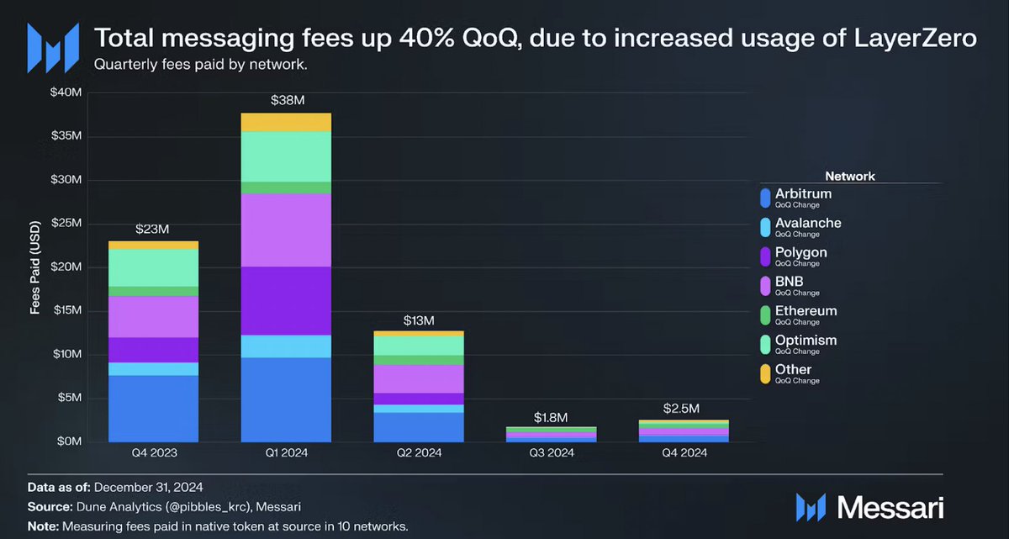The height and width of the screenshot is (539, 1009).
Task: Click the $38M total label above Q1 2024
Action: [287, 101]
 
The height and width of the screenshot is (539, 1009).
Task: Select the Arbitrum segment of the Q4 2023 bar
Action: [154, 408]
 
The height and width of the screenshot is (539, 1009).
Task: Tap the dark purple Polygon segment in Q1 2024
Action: [287, 300]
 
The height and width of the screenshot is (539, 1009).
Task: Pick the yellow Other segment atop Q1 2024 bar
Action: [287, 122]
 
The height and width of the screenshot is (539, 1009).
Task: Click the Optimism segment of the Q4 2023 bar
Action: [154, 267]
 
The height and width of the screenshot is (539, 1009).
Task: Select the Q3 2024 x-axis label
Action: [552, 453]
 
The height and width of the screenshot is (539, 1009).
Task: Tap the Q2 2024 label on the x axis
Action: [419, 453]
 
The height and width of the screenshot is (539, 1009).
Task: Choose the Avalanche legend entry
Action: [807, 223]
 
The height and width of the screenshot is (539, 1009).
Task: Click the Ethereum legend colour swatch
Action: [764, 315]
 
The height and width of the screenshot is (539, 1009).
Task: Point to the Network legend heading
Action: [850, 177]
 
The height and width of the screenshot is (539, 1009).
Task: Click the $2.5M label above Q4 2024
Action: [684, 409]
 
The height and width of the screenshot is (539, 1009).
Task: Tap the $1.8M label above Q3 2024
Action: [552, 417]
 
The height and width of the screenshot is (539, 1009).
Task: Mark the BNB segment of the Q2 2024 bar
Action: [419, 378]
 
